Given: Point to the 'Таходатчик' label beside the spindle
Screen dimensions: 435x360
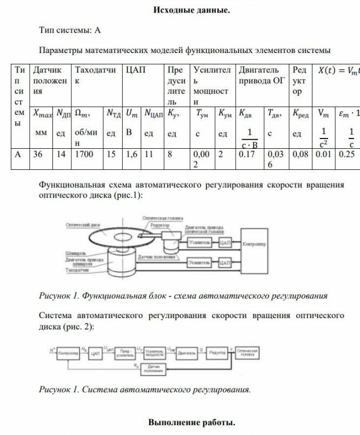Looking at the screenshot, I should tap(76, 269).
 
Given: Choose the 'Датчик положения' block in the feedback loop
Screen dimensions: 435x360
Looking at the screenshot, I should tap(154, 369).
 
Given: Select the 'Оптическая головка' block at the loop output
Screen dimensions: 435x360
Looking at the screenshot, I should tap(248, 353).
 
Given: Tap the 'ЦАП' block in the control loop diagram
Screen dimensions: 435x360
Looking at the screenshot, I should tap(96, 353).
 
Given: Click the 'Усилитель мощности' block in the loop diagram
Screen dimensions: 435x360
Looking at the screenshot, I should tap(155, 353).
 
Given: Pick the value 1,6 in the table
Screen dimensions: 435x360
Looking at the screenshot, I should tap(131, 154).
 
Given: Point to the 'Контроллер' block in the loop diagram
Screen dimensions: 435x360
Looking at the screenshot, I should tap(68, 353).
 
